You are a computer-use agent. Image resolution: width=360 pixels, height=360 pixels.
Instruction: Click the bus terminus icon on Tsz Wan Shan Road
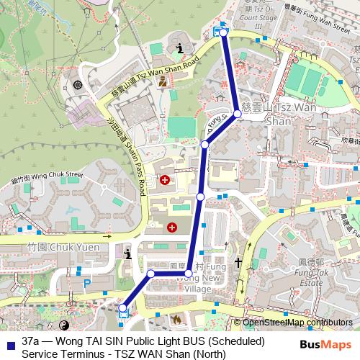pyautogui.click(x=218, y=31)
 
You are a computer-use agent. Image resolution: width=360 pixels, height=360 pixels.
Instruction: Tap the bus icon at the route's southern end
pyautogui.click(x=122, y=311)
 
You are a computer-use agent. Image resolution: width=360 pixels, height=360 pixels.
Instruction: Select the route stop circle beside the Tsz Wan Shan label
pyautogui.click(x=237, y=114)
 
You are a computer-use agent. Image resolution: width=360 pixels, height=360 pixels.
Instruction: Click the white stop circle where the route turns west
pyautogui.click(x=189, y=274)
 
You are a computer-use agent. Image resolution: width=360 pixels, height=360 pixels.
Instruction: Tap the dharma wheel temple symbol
pyautogui.click(x=78, y=86)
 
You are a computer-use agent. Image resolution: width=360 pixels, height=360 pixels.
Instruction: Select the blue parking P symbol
pyautogui.click(x=87, y=284)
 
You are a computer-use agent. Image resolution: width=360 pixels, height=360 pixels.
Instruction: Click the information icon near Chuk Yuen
pyautogui.click(x=128, y=254)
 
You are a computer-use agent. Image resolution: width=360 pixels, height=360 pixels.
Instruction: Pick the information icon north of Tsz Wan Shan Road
pyautogui.click(x=179, y=49)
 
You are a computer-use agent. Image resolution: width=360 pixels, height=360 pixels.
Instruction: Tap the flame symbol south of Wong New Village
pyautogui.click(x=176, y=318)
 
